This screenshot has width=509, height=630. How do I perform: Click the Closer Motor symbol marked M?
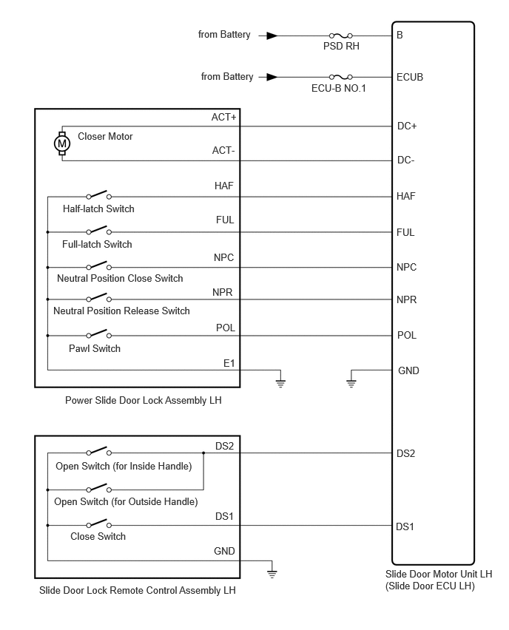point(62,143)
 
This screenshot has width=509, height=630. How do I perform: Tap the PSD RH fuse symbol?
point(341,35)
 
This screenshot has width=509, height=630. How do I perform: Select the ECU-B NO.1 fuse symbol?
point(341,77)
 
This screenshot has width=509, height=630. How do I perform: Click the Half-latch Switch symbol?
point(98,195)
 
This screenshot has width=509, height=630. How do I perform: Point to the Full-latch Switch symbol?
point(98,230)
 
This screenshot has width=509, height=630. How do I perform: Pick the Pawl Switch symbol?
point(98,334)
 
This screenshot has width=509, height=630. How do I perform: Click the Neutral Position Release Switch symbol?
point(98,298)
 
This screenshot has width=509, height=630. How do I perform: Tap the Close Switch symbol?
point(98,524)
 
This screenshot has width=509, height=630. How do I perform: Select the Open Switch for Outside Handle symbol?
point(98,488)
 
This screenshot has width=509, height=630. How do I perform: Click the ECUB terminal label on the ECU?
point(410,77)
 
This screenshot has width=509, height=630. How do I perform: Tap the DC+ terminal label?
point(407,126)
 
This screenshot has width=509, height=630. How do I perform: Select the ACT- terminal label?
point(223,150)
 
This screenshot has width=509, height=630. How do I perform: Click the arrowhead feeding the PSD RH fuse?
point(272,35)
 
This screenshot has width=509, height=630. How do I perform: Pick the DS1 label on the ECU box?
point(405,526)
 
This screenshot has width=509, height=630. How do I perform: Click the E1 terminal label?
point(229,364)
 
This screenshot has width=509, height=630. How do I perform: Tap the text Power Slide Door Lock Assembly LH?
point(143,401)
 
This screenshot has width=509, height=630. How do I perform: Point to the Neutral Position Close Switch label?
point(120,279)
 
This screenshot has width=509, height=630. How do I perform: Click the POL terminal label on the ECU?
point(406,335)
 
